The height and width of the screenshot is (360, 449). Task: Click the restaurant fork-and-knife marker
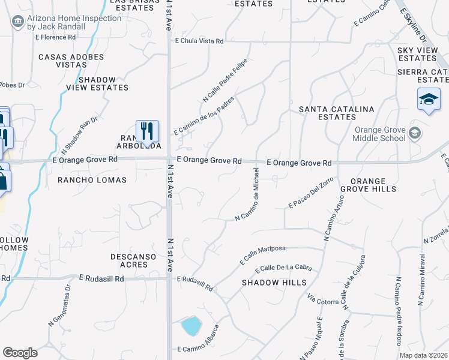[x=147, y=130]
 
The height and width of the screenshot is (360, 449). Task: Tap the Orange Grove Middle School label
[x=389, y=133]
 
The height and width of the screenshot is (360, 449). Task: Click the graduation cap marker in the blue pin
[x=429, y=99]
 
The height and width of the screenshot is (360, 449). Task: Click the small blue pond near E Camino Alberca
[x=191, y=326]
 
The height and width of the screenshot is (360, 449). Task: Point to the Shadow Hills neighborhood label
[x=274, y=282]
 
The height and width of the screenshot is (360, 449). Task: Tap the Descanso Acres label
[x=129, y=260]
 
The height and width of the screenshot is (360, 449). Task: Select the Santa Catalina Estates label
[x=337, y=113]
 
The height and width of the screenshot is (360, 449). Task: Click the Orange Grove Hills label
[x=369, y=185]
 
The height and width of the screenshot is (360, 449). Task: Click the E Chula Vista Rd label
[x=199, y=41]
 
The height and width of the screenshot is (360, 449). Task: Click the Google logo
[x=20, y=353]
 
